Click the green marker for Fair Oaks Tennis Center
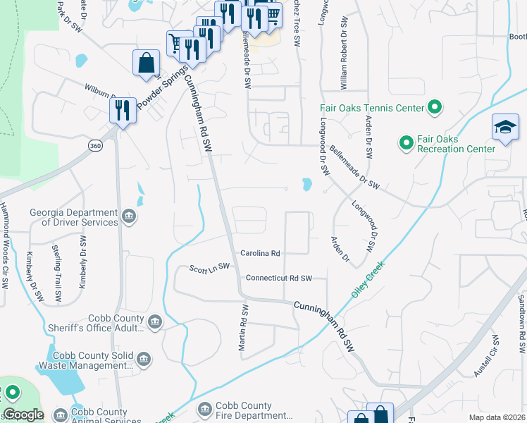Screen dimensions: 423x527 tap(435, 108)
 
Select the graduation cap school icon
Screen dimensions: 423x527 tap(505, 128)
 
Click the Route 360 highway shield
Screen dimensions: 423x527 tap(96, 145)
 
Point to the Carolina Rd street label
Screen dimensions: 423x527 tap(260, 253)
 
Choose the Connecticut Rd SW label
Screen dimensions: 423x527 tap(278, 278)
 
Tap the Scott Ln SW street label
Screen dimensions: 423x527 tap(210, 267)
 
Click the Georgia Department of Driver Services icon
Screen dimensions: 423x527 tap(129, 216)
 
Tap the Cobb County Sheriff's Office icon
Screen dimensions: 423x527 tap(155, 322)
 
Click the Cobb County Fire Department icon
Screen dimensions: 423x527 tap(205, 410)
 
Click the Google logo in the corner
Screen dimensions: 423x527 tap(23, 415)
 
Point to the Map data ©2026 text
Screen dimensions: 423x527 tap(496, 417)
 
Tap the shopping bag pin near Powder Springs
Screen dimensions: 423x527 tap(145, 63)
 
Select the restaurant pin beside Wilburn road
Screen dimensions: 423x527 tap(123, 110)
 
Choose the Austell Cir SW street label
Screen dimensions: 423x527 tap(486, 356)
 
